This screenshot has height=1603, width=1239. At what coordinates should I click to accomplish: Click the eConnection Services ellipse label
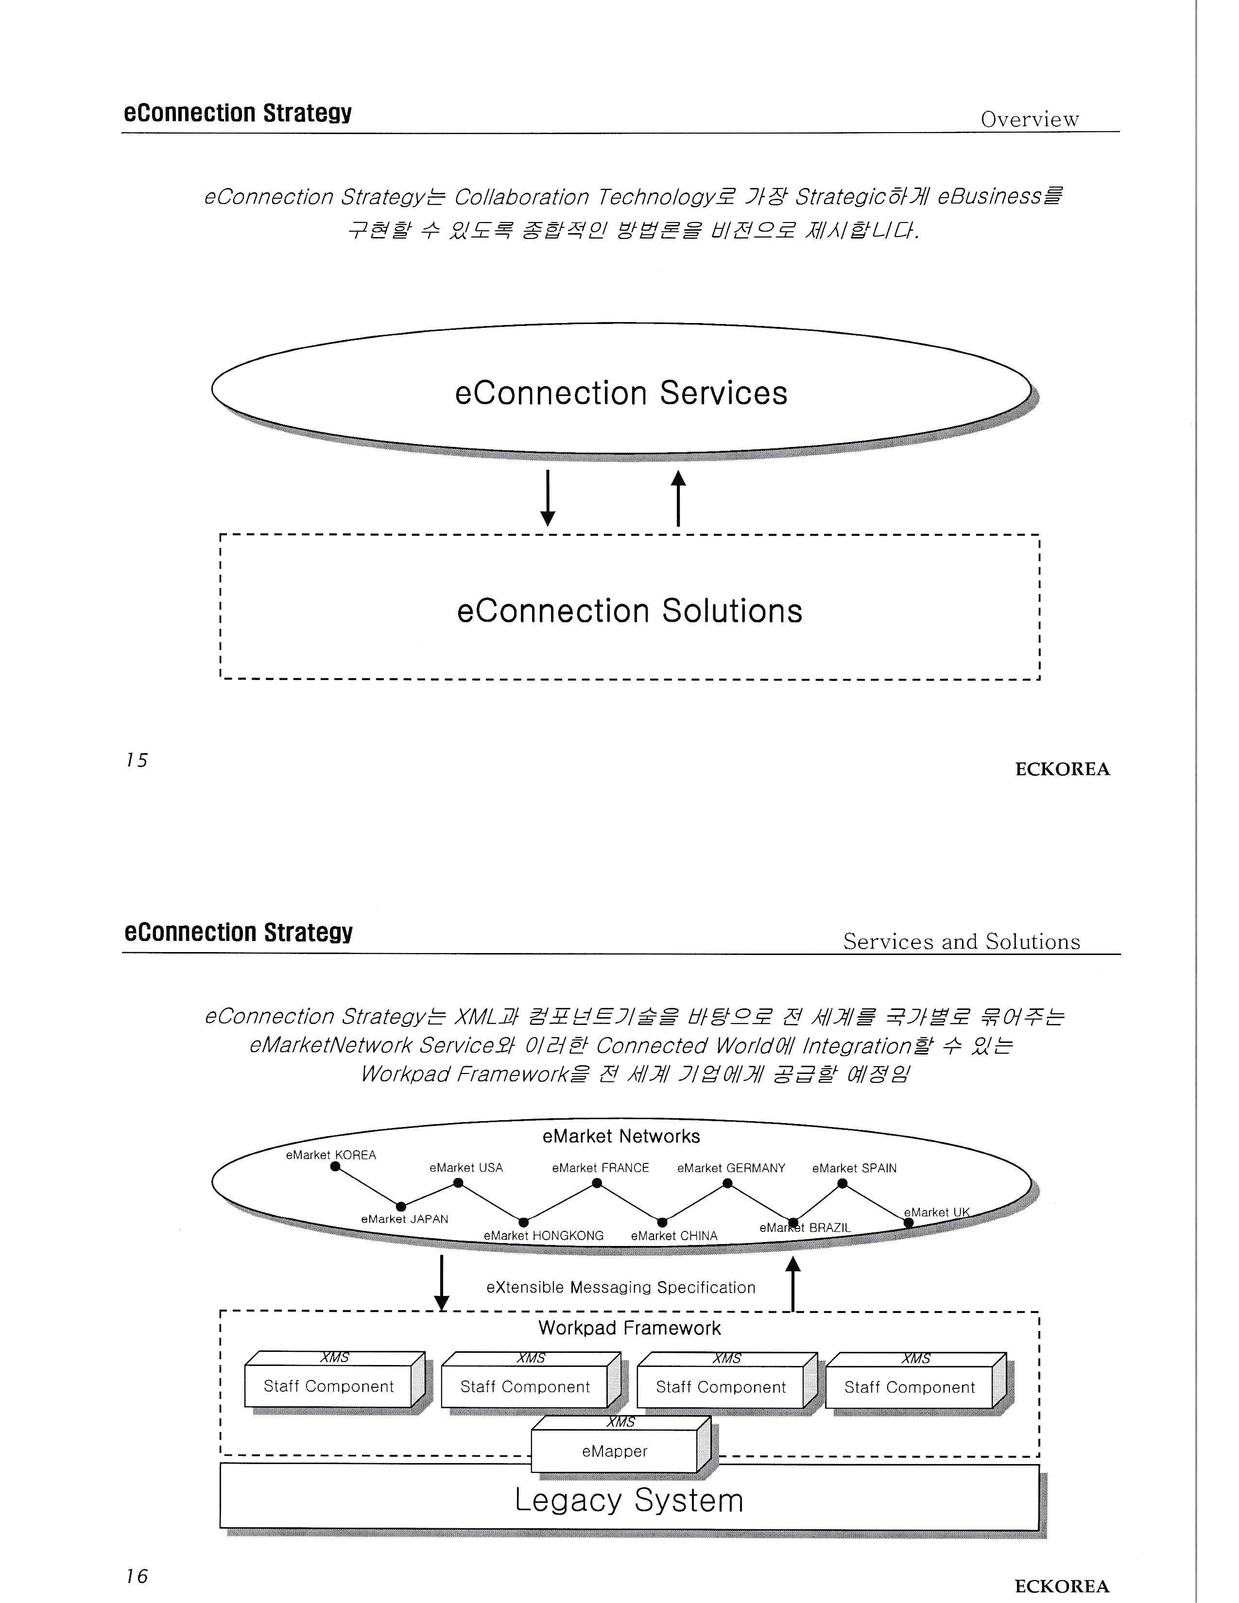621,393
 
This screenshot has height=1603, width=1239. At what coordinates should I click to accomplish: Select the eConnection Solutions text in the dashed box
629,611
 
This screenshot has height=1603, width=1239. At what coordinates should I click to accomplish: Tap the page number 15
137,760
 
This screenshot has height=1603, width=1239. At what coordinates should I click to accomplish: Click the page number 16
137,1576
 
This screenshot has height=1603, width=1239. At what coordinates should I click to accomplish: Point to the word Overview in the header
1029,119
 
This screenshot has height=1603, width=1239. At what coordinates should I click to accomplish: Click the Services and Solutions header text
961,942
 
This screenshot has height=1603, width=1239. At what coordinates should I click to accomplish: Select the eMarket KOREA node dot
335,1167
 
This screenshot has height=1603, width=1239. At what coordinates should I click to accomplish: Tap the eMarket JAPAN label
404,1219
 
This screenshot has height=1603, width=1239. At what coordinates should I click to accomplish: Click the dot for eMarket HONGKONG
523,1222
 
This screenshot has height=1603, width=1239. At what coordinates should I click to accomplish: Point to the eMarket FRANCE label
601,1168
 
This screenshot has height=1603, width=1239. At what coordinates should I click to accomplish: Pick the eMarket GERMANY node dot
727,1183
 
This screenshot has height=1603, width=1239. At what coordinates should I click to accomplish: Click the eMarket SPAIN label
854,1168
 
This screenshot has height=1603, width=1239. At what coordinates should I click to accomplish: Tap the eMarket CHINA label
674,1236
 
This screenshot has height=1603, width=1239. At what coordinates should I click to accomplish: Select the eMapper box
614,1451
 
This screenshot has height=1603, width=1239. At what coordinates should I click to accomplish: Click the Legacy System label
629,1500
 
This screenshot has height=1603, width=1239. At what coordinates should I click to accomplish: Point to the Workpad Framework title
629,1328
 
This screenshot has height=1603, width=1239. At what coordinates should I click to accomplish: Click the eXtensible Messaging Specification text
620,1287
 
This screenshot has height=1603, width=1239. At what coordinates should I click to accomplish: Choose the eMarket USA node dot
458,1182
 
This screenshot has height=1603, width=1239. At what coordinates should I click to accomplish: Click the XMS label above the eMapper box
620,1422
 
